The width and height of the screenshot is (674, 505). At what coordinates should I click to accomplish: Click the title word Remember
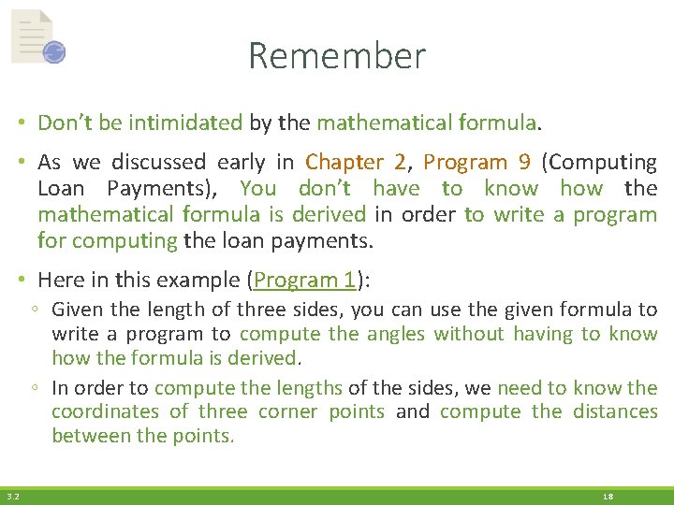click(337, 56)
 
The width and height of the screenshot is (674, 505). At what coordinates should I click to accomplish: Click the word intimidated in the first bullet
click(185, 123)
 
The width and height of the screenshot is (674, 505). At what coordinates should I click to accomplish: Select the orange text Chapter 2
click(356, 162)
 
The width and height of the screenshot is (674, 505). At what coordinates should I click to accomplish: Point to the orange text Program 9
click(476, 162)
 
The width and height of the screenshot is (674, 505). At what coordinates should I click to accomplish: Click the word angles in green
click(394, 334)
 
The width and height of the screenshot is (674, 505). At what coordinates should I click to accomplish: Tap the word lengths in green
click(312, 387)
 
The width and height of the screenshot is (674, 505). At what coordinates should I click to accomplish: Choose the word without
click(468, 334)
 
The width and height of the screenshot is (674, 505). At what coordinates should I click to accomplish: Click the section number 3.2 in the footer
click(12, 497)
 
